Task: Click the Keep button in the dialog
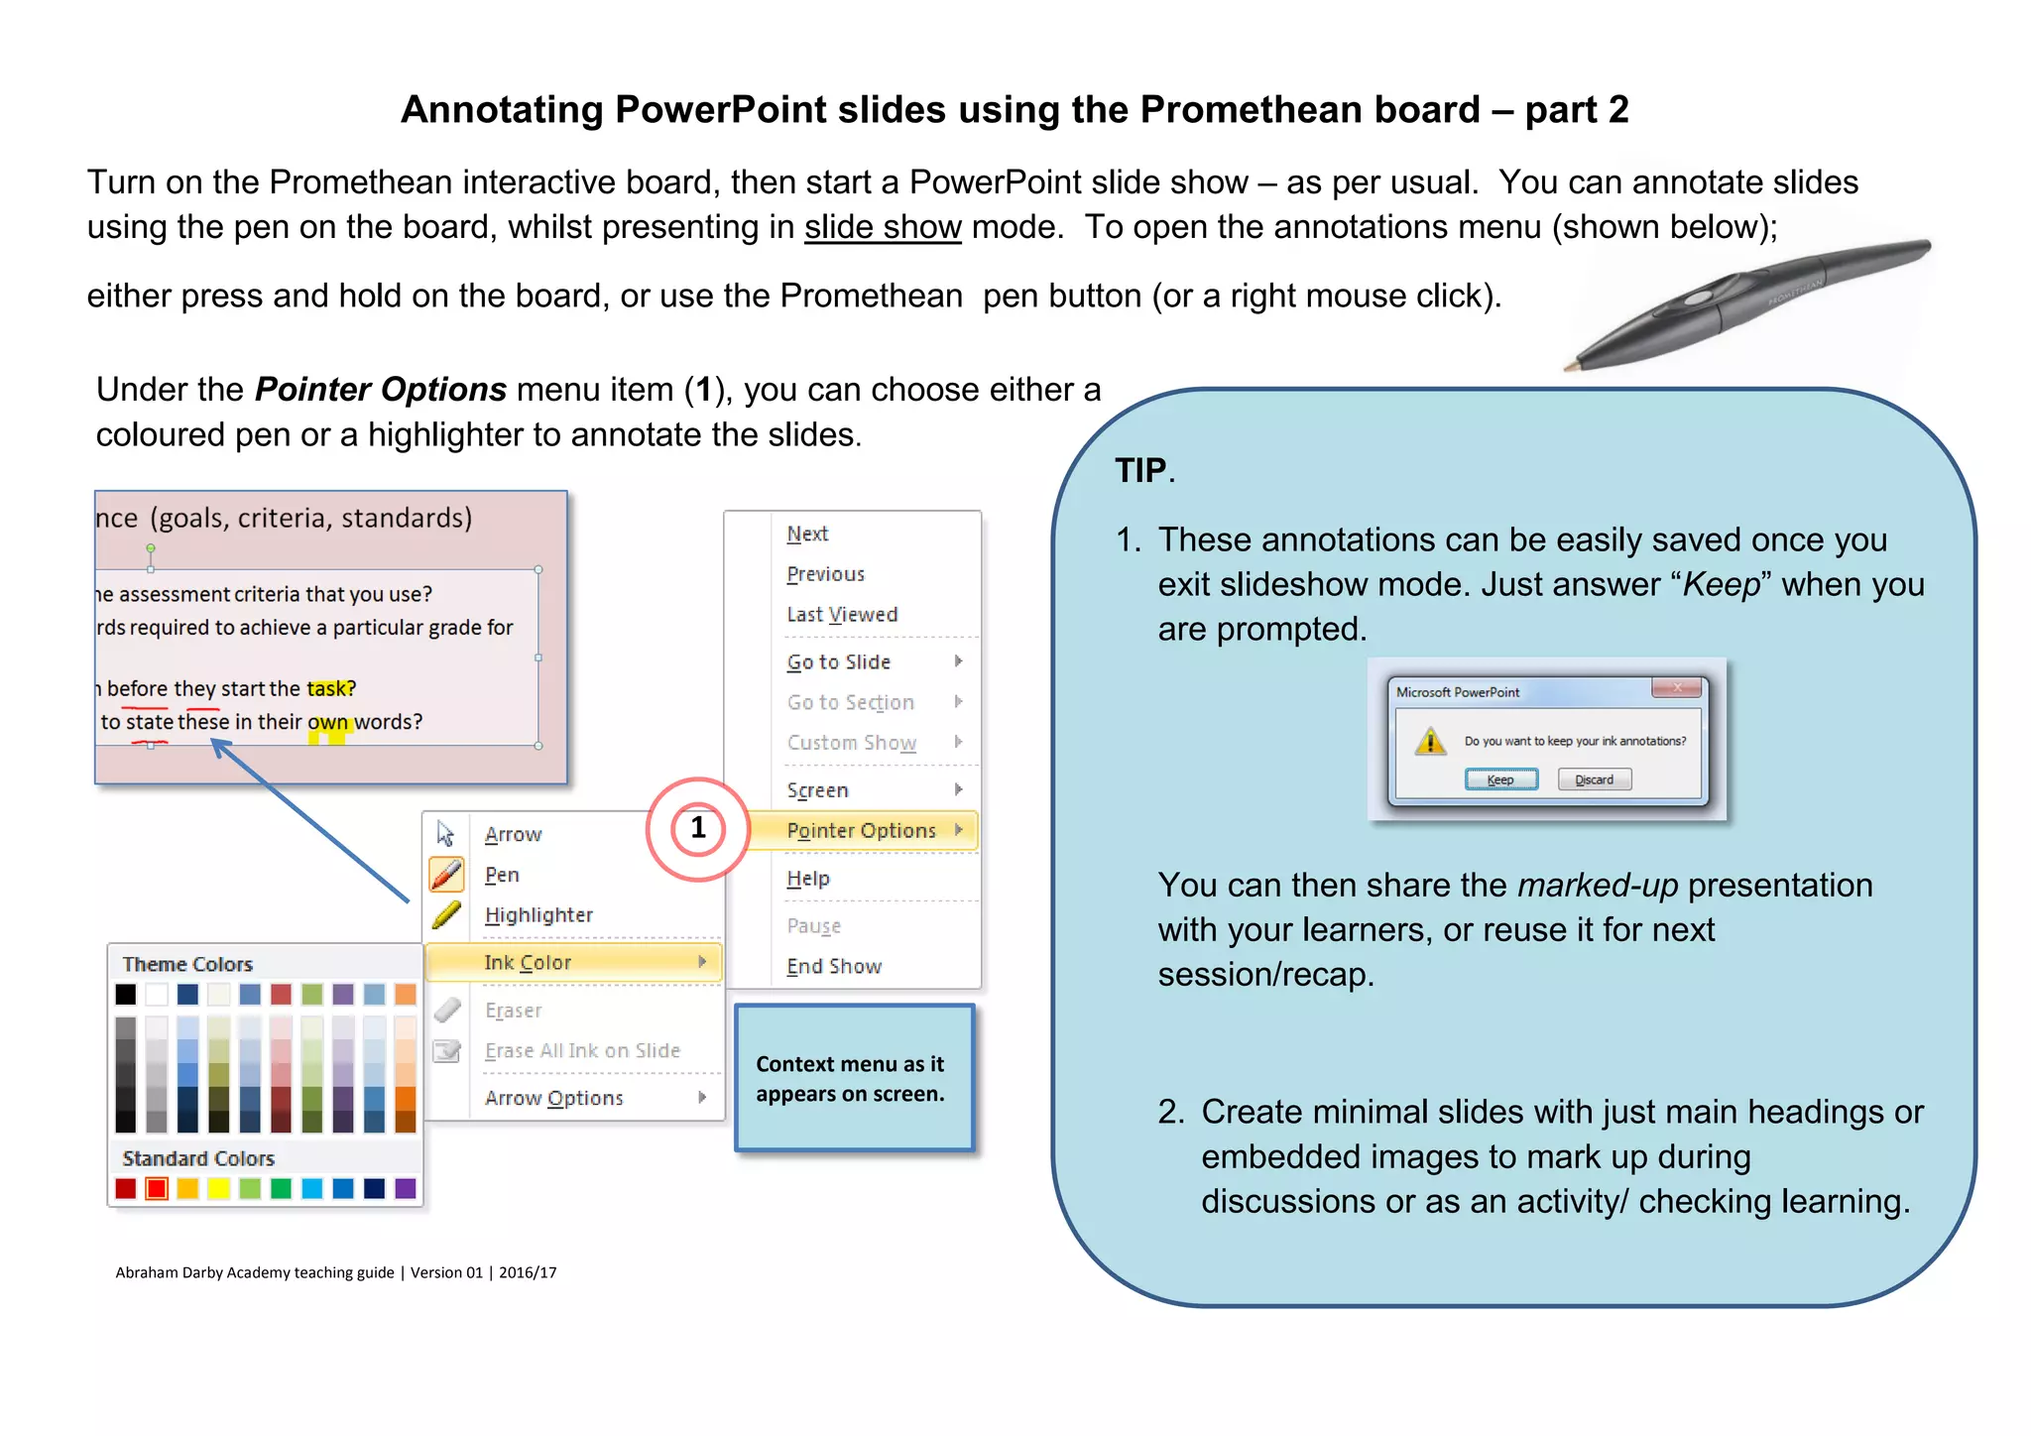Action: tap(1500, 779)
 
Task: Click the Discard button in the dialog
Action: tap(1594, 779)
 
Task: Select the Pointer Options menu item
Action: tap(861, 830)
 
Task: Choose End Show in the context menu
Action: tap(834, 966)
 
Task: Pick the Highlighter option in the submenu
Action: tap(538, 914)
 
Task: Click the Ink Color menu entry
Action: tap(528, 962)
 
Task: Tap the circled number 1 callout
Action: tap(698, 828)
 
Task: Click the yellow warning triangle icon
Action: tap(1430, 741)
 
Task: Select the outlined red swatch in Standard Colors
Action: tap(157, 1188)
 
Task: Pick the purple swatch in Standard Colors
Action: tap(406, 1188)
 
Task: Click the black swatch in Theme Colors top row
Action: tap(126, 994)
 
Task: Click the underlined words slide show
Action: tap(883, 227)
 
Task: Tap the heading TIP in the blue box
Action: tap(1140, 470)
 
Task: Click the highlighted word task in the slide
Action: tap(328, 688)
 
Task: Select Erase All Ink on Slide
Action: tap(582, 1050)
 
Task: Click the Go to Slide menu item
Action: tap(839, 661)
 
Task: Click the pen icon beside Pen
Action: tap(446, 875)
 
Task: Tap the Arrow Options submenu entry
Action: tap(554, 1098)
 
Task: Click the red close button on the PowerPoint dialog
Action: tap(1677, 687)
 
